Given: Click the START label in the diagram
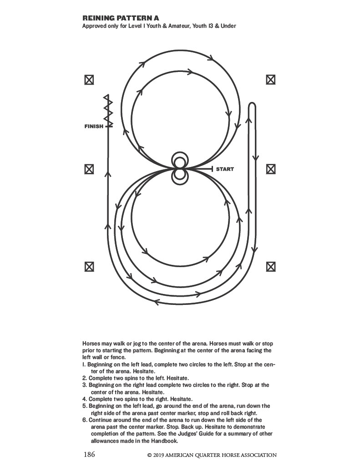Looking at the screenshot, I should point(225,169).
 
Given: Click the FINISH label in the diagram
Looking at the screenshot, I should point(94,127).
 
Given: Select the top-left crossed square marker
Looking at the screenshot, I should point(89,80).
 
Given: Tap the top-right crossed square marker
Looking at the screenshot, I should point(270,80).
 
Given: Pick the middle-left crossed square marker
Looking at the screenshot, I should point(89,169).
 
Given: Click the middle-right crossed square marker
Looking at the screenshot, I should point(270,169).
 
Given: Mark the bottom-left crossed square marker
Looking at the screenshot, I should point(89,267).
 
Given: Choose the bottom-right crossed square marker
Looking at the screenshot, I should point(270,267).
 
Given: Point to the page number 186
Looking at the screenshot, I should point(90,455).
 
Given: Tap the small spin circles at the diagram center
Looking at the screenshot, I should point(179,169).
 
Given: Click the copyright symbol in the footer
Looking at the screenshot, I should point(149,455).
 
